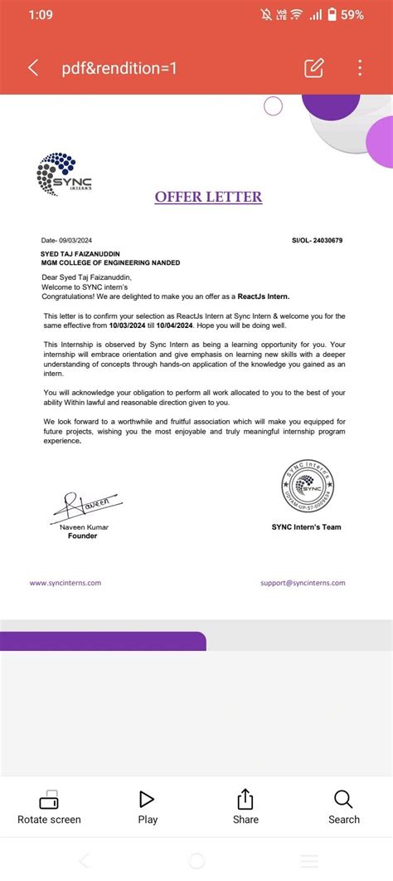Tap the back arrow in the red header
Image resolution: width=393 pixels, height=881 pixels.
pos(33,68)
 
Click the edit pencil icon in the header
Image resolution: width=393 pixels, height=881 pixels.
pos(313,68)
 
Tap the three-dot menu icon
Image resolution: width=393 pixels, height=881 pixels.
pos(360,68)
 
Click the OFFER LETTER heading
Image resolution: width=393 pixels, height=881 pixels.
pos(208,197)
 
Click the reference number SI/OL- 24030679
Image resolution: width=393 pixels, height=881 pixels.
pos(317,240)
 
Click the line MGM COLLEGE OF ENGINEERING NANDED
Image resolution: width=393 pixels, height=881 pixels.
pos(110,262)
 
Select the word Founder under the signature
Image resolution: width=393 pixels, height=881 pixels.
pos(82,536)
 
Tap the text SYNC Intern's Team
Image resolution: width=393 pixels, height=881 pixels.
pos(306,527)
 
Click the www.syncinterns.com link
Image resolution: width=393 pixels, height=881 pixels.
pos(65,583)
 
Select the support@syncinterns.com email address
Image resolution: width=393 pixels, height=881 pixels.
pos(303,583)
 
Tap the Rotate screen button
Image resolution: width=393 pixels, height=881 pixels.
pos(49,808)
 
